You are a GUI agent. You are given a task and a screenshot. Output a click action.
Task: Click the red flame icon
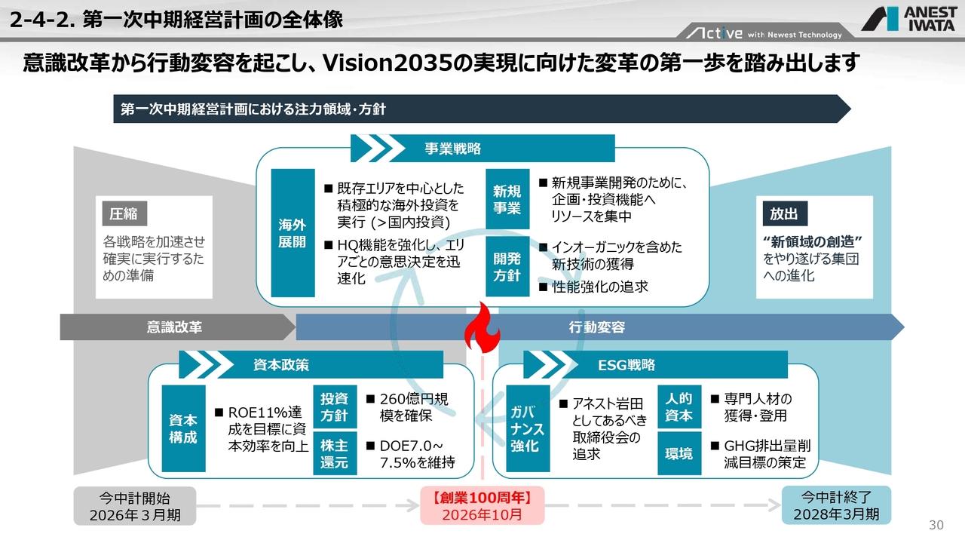[482, 327]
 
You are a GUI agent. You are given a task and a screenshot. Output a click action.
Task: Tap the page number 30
[936, 525]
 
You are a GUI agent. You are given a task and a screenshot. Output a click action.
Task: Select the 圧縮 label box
[124, 213]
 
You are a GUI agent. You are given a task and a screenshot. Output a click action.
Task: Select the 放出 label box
[785, 213]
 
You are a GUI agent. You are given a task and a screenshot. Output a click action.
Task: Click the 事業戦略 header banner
[482, 149]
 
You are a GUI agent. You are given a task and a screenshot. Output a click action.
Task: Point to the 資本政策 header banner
[311, 364]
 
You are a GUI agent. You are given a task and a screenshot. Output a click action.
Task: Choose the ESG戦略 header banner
[655, 364]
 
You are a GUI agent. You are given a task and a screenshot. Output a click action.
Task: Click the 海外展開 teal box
[293, 233]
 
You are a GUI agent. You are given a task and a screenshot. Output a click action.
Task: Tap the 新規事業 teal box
[507, 199]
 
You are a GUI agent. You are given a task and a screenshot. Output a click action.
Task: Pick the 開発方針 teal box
[507, 266]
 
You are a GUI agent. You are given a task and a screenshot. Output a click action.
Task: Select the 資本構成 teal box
[183, 428]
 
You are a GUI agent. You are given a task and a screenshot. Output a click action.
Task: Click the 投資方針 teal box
[335, 406]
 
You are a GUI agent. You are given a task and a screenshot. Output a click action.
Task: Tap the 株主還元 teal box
[335, 453]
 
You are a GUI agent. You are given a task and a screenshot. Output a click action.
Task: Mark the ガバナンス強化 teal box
[528, 428]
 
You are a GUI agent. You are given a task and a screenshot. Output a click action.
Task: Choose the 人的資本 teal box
[679, 406]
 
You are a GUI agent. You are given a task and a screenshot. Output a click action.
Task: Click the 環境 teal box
[679, 453]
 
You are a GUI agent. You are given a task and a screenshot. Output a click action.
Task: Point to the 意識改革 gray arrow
[177, 327]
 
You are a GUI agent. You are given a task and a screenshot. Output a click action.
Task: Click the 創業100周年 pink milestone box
[482, 505]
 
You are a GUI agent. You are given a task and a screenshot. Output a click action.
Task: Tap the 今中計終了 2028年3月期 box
[836, 505]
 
